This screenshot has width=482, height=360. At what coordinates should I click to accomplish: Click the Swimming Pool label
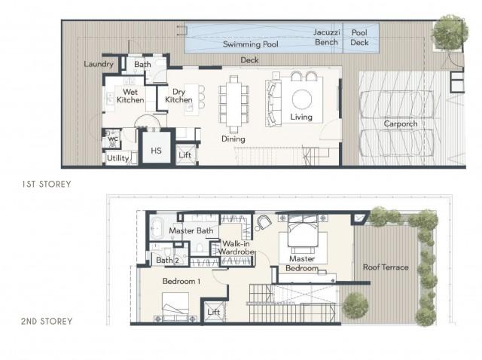[251, 44]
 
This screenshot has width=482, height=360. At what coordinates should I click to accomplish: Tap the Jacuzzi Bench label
[326, 37]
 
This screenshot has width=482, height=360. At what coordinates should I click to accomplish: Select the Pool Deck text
[359, 38]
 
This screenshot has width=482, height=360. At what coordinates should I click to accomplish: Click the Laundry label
[99, 64]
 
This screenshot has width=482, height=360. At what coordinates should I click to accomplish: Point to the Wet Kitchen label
[130, 96]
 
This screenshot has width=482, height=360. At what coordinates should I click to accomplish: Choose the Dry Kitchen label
[178, 96]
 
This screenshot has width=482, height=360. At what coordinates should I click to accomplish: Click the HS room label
[156, 151]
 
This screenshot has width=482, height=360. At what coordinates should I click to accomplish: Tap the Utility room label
[117, 158]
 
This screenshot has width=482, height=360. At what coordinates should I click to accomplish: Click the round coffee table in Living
[302, 99]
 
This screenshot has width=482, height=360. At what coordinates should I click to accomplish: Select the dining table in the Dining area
[234, 104]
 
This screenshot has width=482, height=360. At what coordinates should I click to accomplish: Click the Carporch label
[401, 124]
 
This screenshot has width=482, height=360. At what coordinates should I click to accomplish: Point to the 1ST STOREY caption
[47, 185]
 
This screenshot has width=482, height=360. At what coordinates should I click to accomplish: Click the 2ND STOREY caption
[47, 322]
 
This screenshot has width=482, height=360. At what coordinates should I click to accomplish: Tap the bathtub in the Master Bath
[157, 227]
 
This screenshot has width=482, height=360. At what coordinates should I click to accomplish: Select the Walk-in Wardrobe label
[236, 248]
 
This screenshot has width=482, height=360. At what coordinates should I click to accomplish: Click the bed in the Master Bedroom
[303, 230]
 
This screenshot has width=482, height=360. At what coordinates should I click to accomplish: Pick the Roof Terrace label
[386, 267]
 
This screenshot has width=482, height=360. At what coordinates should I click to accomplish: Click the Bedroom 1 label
[182, 281]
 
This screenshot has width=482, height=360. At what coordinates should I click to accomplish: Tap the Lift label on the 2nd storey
[213, 312]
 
